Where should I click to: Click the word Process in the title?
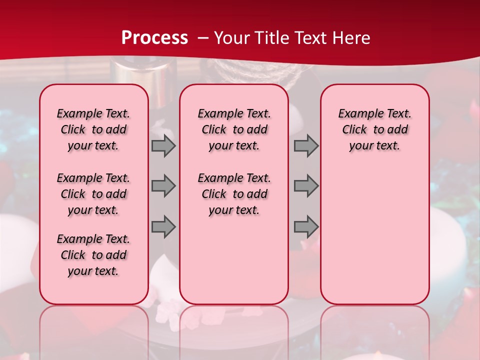(x=154, y=37)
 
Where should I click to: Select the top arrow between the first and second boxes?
(x=163, y=146)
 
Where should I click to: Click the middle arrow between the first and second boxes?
(x=163, y=186)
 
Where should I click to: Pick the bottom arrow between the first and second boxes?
(x=163, y=227)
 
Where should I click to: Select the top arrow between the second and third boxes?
(x=306, y=146)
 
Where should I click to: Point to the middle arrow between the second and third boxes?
(x=306, y=186)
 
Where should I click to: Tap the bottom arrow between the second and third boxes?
(x=306, y=227)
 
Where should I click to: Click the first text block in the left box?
(x=93, y=130)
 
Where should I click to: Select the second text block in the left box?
(x=93, y=194)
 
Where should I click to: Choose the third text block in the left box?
(x=93, y=255)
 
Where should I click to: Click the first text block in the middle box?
(x=234, y=130)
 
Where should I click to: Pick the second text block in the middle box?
(x=234, y=194)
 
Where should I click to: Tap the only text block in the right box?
(x=375, y=130)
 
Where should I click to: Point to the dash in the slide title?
(x=203, y=38)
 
